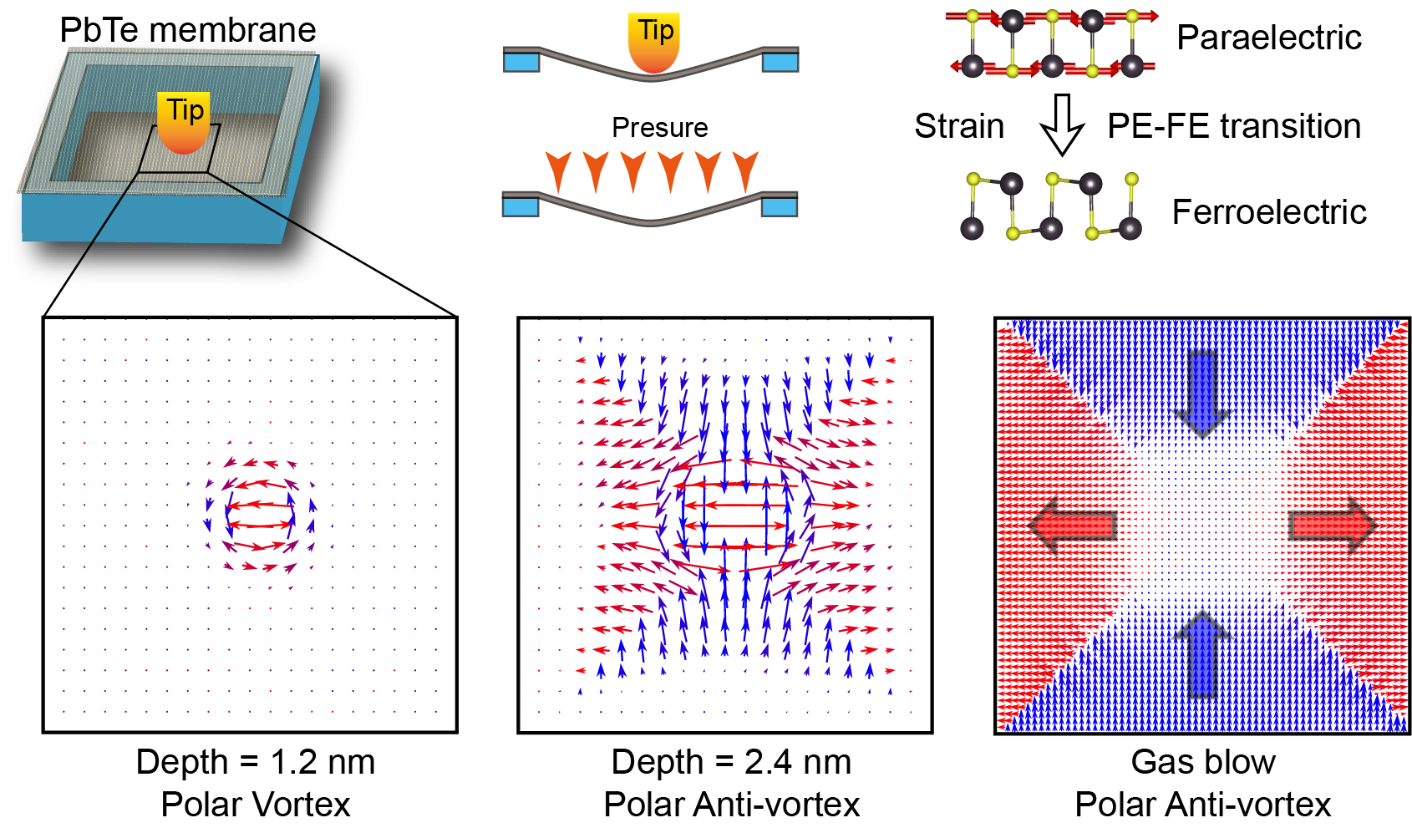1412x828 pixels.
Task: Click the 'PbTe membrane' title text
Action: (x=188, y=30)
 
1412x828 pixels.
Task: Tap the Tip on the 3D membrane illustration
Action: (x=184, y=123)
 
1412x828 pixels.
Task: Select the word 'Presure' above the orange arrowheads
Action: (x=660, y=127)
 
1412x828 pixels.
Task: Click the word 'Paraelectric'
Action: (x=1269, y=37)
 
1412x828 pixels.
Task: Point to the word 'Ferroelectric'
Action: (x=1269, y=211)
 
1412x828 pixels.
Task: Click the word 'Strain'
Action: (x=959, y=126)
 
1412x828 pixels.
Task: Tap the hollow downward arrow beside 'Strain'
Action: (x=1062, y=124)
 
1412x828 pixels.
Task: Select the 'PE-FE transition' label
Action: (x=1234, y=126)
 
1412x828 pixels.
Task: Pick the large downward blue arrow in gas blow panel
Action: (x=1203, y=394)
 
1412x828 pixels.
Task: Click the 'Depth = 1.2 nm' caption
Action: (x=256, y=762)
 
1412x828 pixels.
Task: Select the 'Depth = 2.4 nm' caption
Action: (x=731, y=762)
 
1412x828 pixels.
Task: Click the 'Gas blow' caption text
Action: (x=1203, y=762)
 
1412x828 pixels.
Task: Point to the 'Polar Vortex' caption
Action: (x=256, y=804)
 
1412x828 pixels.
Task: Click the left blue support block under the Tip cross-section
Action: (x=521, y=62)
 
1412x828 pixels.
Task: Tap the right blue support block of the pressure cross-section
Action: (x=780, y=206)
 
